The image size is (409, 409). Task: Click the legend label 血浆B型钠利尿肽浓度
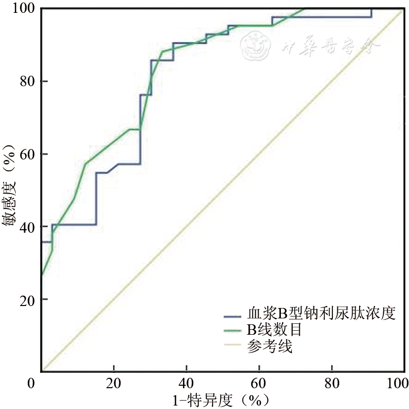click(x=321, y=314)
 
